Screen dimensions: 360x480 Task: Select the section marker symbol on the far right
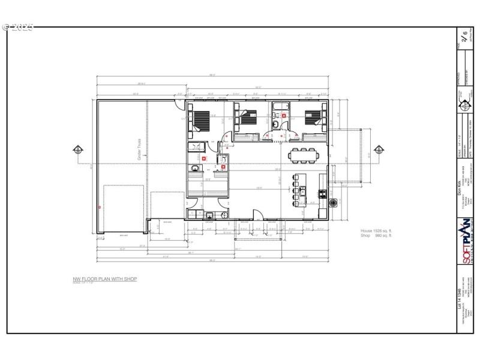379,149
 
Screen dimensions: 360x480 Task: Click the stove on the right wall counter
323,194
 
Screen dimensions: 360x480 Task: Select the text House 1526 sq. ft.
376,231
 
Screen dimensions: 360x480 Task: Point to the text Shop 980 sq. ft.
376,236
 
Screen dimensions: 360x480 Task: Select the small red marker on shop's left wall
99,206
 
